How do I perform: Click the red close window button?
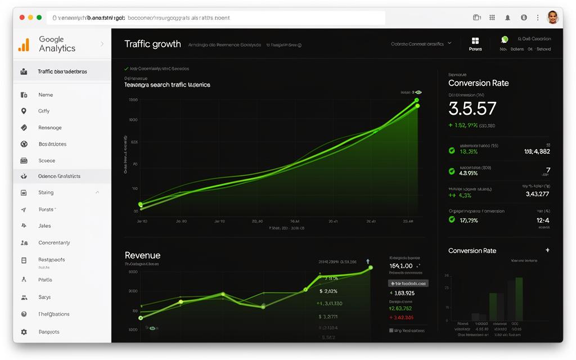click(22, 17)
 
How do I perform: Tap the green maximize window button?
click(39, 17)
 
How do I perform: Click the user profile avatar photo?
click(553, 17)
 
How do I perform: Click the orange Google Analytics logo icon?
click(24, 44)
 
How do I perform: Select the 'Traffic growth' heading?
click(152, 44)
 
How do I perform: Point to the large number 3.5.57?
click(472, 108)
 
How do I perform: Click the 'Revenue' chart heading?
click(142, 255)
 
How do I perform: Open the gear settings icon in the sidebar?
click(24, 332)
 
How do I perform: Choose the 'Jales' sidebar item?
click(44, 226)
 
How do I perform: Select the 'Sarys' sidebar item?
click(44, 297)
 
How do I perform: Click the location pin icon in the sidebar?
click(24, 111)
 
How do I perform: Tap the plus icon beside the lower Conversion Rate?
click(547, 250)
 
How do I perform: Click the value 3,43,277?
click(537, 194)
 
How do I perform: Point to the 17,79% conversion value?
click(469, 220)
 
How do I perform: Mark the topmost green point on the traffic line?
click(417, 100)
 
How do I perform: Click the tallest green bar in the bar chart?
click(519, 298)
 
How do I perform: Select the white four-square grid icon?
click(475, 40)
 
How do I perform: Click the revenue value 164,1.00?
click(401, 265)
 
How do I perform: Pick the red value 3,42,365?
click(402, 317)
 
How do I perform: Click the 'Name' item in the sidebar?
click(46, 95)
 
